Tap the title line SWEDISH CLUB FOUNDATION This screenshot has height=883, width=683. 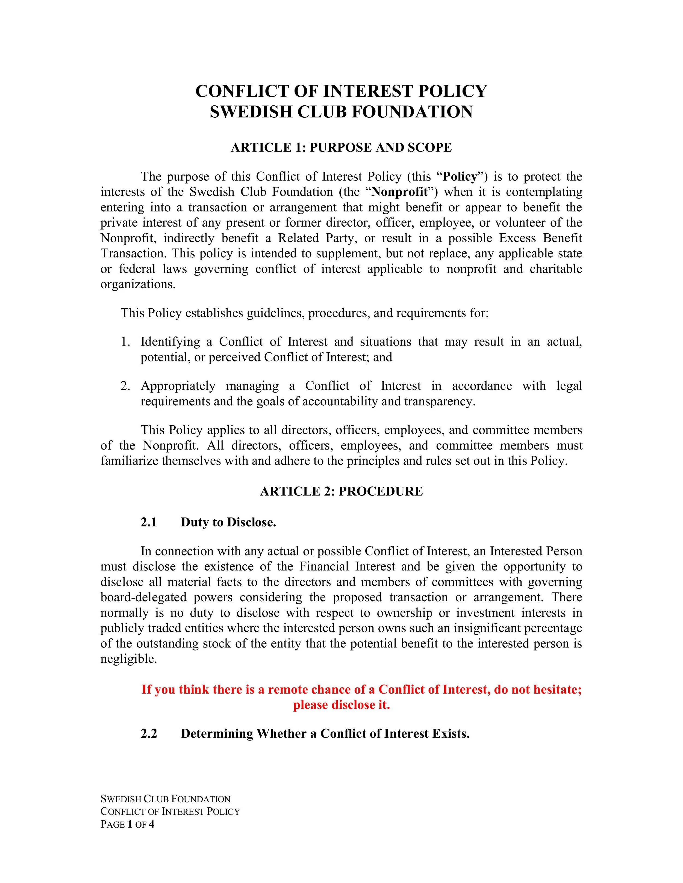[341, 112]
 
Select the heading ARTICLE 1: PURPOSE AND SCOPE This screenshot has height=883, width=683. [341, 148]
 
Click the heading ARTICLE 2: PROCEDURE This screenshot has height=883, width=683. [341, 491]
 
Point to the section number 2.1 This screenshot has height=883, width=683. [149, 522]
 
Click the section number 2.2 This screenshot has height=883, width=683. [149, 733]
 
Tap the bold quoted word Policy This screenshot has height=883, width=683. [460, 177]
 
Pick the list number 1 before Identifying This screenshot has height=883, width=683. [125, 342]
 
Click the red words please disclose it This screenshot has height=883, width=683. [341, 705]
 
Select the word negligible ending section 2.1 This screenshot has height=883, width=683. [128, 659]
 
